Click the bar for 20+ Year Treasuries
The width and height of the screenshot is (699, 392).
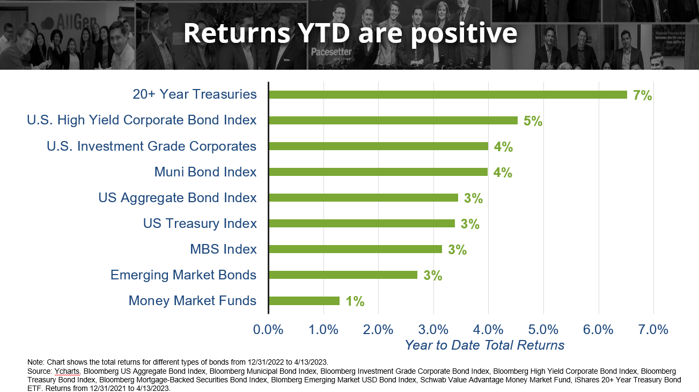click(447, 95)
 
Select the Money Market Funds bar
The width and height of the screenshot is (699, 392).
click(304, 301)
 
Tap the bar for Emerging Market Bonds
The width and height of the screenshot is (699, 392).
click(343, 275)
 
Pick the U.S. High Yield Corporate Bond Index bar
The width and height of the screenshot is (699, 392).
click(393, 121)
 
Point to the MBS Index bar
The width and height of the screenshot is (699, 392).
click(355, 249)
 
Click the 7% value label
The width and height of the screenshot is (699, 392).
click(642, 96)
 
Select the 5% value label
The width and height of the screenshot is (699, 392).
click(533, 122)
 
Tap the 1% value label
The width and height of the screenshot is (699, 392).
click(355, 302)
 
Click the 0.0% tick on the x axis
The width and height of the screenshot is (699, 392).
click(268, 329)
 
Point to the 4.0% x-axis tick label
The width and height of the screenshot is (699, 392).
click(488, 329)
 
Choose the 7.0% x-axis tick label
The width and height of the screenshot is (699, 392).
click(653, 329)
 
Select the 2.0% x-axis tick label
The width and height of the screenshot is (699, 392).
click(378, 329)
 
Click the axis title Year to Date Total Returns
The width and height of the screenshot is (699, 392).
click(484, 345)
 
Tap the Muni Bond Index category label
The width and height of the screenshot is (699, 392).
click(205, 172)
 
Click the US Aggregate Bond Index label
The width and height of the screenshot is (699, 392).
click(178, 198)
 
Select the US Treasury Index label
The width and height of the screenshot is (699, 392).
click(200, 224)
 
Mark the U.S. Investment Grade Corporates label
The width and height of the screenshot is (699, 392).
click(151, 146)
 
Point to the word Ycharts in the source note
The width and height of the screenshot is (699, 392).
click(67, 371)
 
